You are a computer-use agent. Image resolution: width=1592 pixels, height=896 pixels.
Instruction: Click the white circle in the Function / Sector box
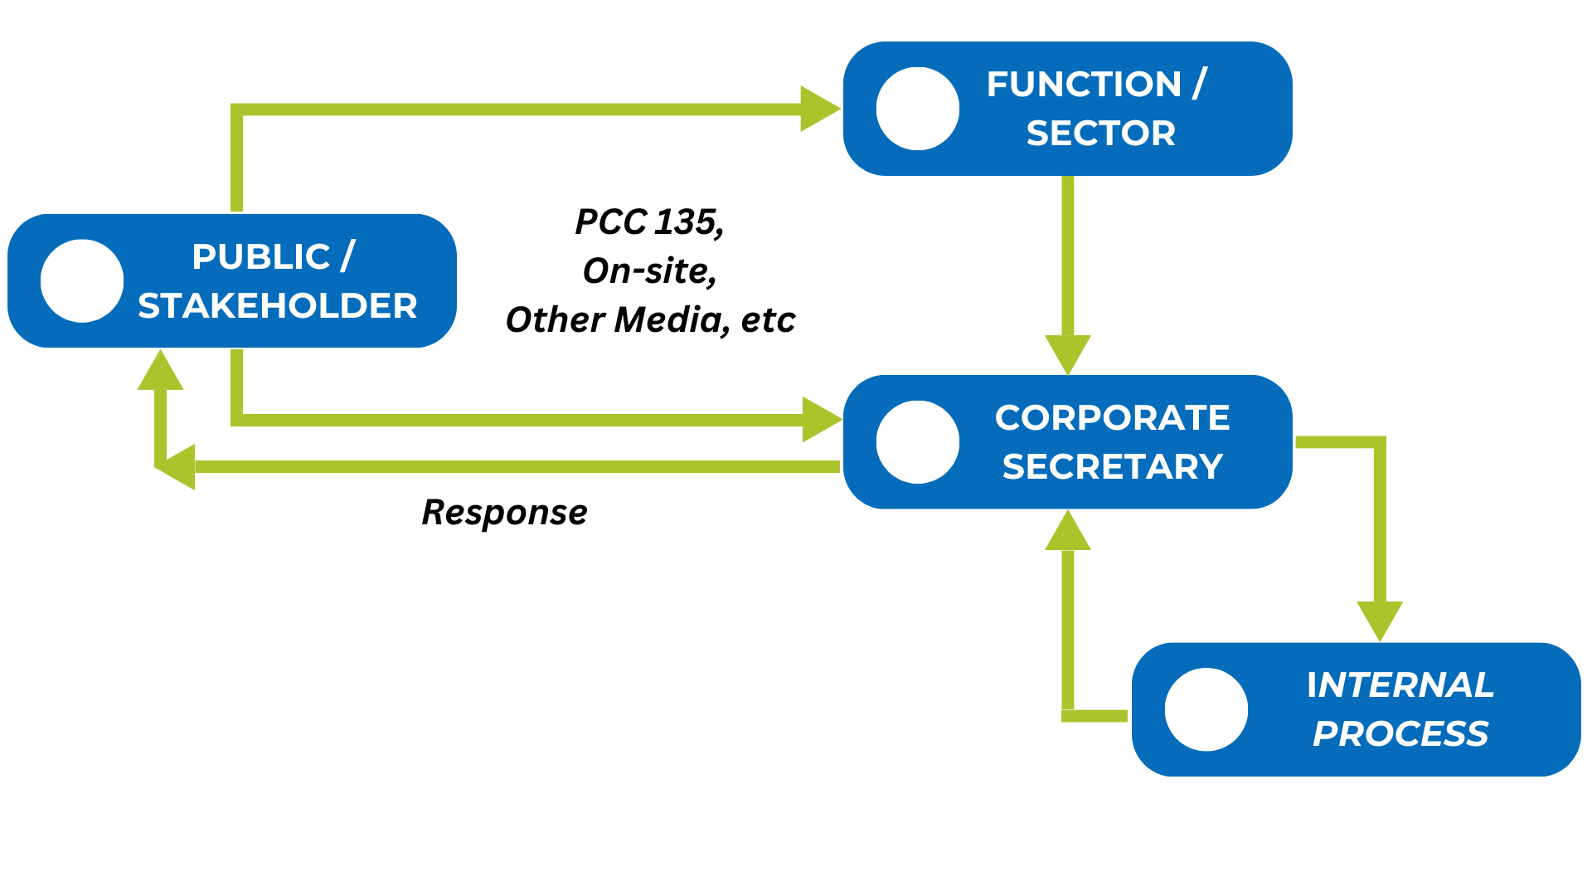[x=918, y=109]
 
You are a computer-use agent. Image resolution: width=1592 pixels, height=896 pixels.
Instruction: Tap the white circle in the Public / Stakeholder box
[x=82, y=281]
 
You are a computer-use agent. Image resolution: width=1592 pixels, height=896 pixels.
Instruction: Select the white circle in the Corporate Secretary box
[x=918, y=442]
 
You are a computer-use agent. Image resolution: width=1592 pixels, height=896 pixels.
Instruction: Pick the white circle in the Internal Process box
[x=1206, y=709]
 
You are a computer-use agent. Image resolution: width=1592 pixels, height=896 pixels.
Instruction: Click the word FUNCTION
[x=1084, y=85]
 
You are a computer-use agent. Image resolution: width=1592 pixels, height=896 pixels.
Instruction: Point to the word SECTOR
[x=1101, y=134]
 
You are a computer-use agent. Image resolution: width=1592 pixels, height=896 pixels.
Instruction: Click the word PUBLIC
[x=261, y=257]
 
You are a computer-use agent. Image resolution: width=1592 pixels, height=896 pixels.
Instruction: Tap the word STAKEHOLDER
[x=278, y=306]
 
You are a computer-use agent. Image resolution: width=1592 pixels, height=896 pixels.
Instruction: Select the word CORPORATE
[x=1112, y=418]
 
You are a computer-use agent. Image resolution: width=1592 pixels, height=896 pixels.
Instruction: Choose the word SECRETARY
[x=1113, y=467]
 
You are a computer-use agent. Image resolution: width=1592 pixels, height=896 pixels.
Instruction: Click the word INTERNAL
[x=1400, y=685]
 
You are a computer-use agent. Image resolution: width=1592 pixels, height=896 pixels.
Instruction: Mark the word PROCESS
[x=1400, y=734]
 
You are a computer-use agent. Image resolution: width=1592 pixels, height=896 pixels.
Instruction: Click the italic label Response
[x=504, y=513]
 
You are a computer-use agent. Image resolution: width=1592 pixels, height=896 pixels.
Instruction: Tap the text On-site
[x=649, y=271]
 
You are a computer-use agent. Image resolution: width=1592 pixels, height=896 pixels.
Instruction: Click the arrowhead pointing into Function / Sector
[x=819, y=109]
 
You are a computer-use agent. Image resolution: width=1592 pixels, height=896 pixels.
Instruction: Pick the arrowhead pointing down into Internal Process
[x=1380, y=620]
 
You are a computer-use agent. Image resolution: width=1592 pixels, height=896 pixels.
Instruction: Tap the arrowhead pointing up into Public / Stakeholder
[x=160, y=371]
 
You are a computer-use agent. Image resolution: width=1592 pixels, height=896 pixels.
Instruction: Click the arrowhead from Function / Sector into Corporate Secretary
[x=1068, y=354]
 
